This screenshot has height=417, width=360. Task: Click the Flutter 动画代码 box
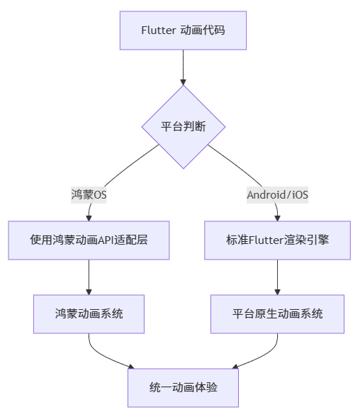pyautogui.click(x=184, y=30)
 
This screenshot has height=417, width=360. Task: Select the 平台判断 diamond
pyautogui.click(x=184, y=127)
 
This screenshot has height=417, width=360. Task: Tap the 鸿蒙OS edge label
pyautogui.click(x=89, y=194)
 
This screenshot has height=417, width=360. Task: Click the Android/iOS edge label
pyautogui.click(x=277, y=194)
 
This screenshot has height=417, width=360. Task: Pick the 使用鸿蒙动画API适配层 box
pyautogui.click(x=89, y=240)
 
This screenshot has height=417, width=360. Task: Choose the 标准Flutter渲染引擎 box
pyautogui.click(x=277, y=240)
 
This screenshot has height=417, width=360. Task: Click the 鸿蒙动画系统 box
pyautogui.click(x=89, y=313)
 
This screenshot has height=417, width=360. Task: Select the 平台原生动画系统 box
pyautogui.click(x=277, y=313)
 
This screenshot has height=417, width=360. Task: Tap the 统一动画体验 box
pyautogui.click(x=184, y=387)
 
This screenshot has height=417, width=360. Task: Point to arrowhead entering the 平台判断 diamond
pyautogui.click(x=184, y=81)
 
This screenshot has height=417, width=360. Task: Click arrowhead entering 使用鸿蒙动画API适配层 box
pyautogui.click(x=89, y=217)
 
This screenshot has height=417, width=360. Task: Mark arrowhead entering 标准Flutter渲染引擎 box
pyautogui.click(x=277, y=217)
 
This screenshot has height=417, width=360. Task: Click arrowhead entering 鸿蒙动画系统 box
pyautogui.click(x=89, y=291)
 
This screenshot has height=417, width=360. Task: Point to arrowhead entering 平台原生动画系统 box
pyautogui.click(x=277, y=291)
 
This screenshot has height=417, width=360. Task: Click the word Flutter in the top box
pyautogui.click(x=158, y=30)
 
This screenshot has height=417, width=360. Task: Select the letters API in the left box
pyautogui.click(x=113, y=240)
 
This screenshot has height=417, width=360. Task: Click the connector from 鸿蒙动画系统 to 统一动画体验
pyautogui.click(x=103, y=355)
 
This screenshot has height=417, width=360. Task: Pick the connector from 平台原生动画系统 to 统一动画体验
pyautogui.click(x=264, y=355)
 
